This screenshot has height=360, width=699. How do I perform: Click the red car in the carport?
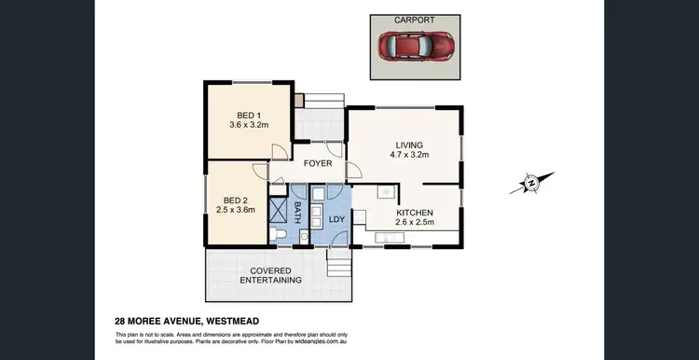tap(415, 45)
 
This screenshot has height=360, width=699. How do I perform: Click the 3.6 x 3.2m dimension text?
tap(249, 124)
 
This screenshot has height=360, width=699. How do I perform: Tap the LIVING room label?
tap(409, 145)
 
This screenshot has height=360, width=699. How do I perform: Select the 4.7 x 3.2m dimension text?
tap(409, 156)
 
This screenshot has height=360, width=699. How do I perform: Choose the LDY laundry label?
tap(336, 220)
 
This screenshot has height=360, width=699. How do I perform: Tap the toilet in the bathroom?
tap(280, 234)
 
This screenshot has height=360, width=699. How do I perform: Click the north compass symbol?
tap(531, 183)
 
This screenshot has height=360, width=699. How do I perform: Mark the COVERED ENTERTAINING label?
tap(270, 275)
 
